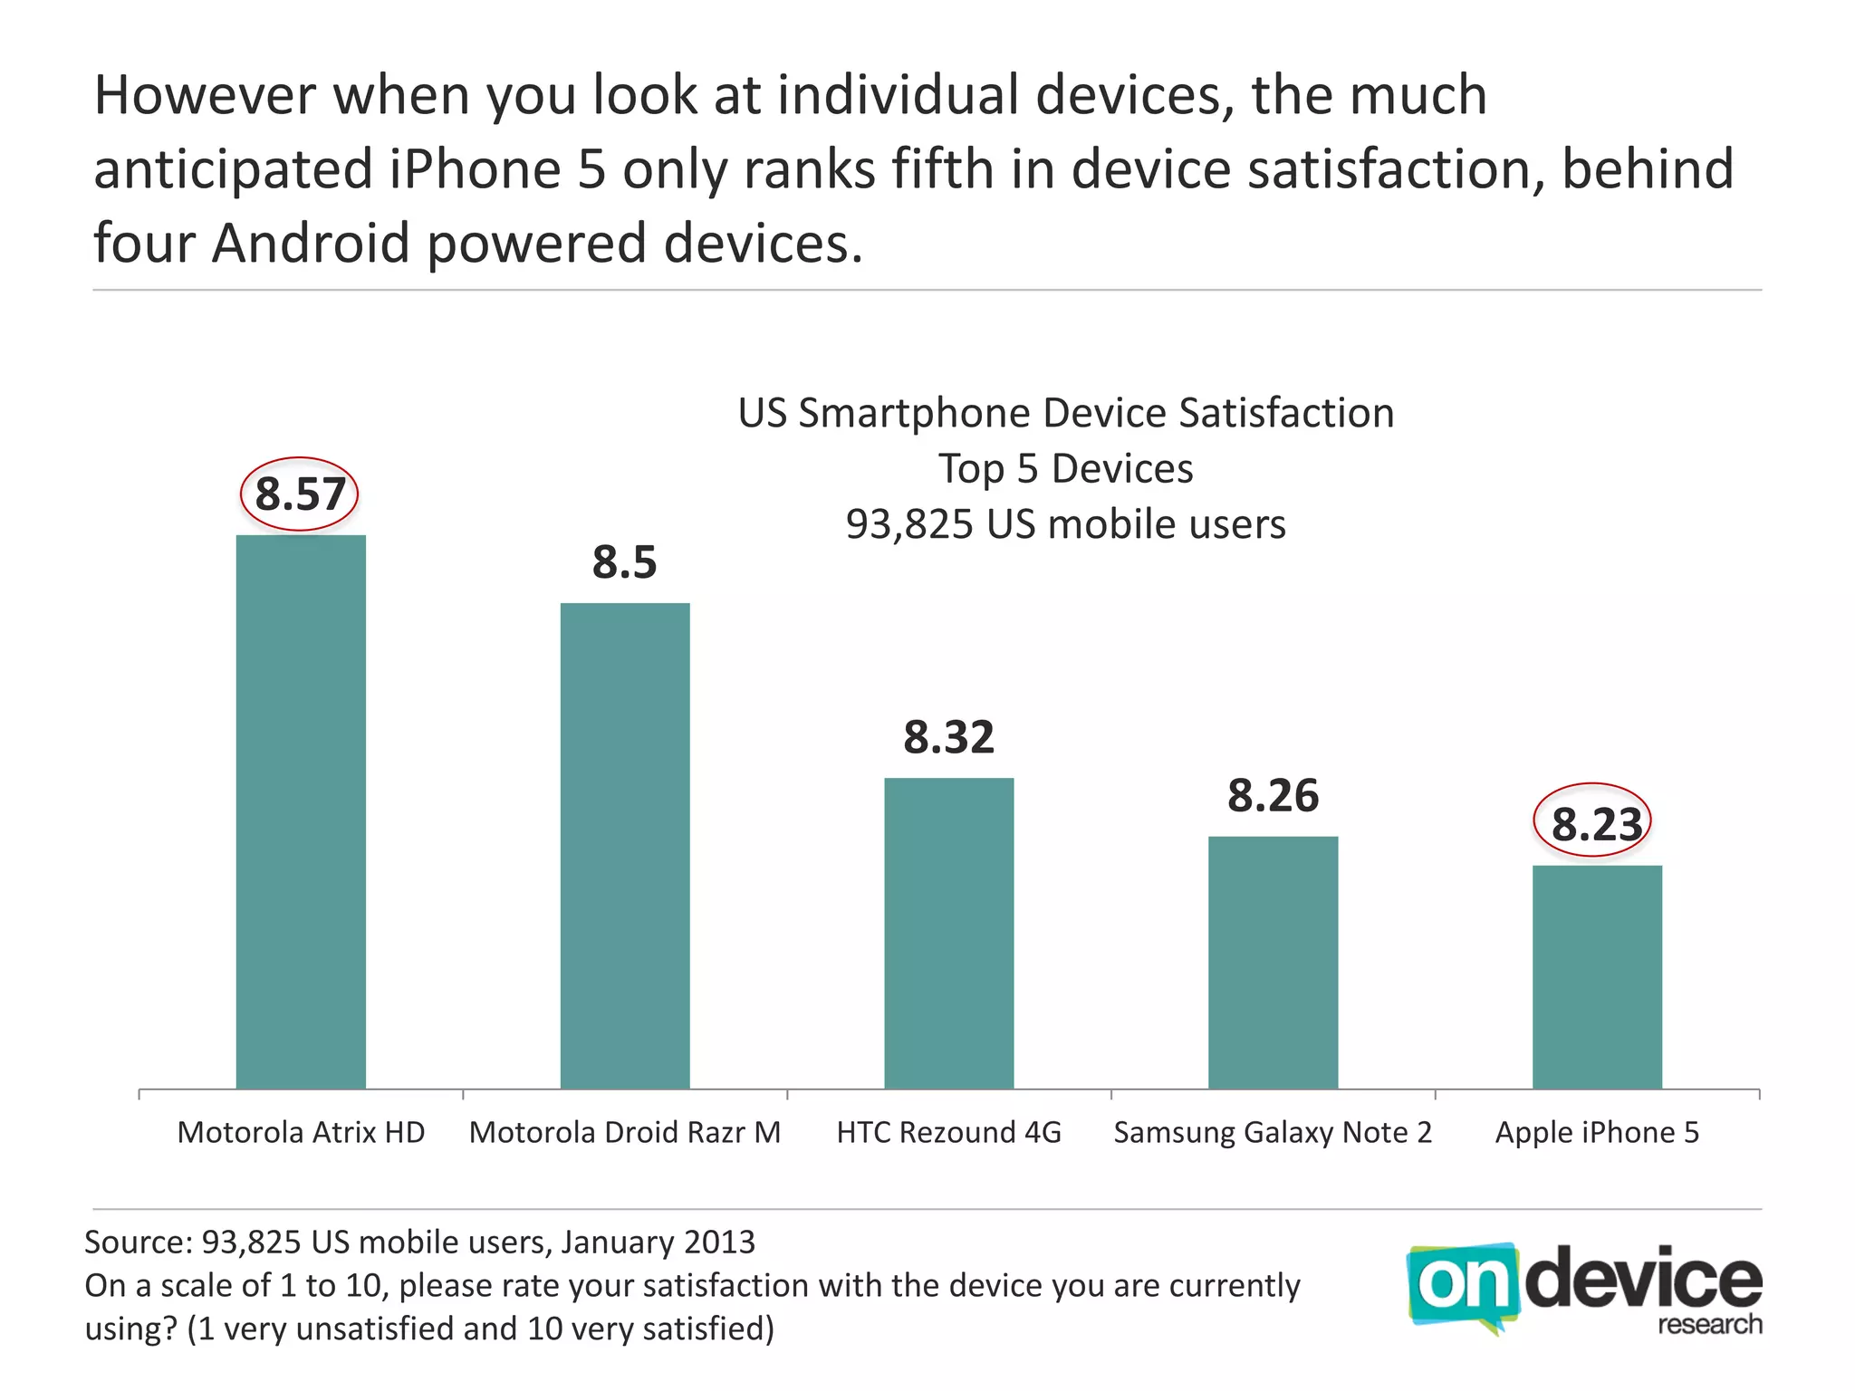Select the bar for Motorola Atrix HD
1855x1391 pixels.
[x=301, y=811]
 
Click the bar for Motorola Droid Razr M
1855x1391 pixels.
[x=625, y=846]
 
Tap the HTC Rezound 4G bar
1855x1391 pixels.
[x=949, y=933]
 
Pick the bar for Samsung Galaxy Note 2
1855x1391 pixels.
[x=1273, y=962]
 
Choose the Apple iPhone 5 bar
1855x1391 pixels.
[x=1597, y=976]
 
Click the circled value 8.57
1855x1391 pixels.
[x=300, y=494]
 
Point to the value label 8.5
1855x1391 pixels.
[x=624, y=562]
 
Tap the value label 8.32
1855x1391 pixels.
[x=948, y=737]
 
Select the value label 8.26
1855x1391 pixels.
[x=1273, y=796]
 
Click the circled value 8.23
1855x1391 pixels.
[x=1595, y=824]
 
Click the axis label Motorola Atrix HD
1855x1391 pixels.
[x=301, y=1133]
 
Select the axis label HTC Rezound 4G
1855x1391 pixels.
[x=948, y=1133]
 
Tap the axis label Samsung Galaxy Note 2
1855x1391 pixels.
[x=1273, y=1133]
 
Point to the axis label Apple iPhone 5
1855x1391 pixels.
[x=1597, y=1133]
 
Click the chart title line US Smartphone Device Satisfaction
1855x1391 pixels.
[x=1065, y=414]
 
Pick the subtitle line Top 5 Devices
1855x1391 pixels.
[x=1065, y=469]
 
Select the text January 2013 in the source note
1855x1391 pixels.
[x=658, y=1242]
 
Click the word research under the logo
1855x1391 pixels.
[x=1709, y=1325]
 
